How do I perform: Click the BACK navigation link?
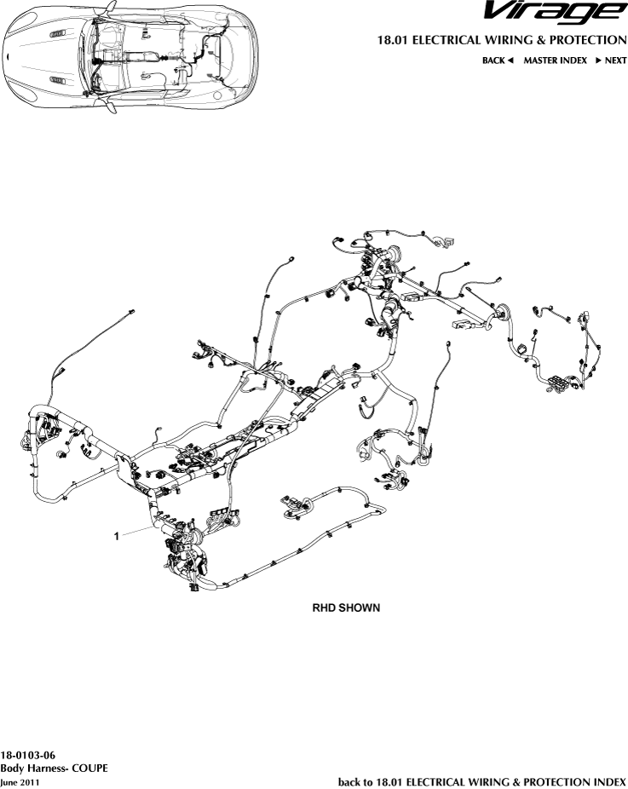point(493,60)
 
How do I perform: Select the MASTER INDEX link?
point(555,60)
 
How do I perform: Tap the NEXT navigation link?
point(615,60)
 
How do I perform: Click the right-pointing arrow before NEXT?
point(598,60)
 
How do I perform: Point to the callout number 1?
point(117,536)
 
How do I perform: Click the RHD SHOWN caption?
point(345,608)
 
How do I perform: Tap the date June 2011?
point(19,780)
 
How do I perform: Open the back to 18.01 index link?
point(482,780)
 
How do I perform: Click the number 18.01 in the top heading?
point(391,40)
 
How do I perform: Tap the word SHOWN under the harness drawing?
point(360,608)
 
